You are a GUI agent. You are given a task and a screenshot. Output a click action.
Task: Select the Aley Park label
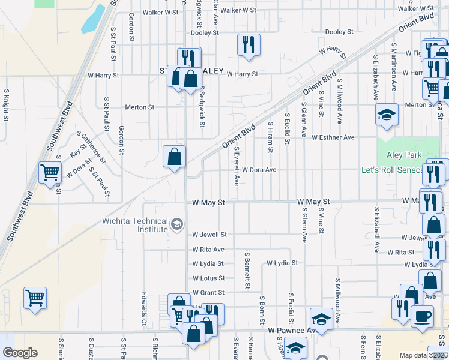point(403,155)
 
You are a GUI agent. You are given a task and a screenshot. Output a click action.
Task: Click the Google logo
point(20,353)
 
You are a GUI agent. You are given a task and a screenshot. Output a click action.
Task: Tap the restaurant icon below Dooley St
point(249,44)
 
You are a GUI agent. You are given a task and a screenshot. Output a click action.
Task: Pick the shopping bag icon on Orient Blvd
point(173,157)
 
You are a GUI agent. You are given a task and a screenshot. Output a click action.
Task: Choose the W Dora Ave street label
point(259,170)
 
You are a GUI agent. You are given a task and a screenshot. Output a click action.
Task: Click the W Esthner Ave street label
point(333,137)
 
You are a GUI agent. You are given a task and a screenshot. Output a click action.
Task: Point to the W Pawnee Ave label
point(292,331)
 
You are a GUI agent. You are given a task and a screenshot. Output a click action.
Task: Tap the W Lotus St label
point(208,278)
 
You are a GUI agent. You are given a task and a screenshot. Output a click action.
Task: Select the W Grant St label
point(208,293)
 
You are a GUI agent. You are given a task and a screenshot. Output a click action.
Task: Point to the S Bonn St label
point(262,310)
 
